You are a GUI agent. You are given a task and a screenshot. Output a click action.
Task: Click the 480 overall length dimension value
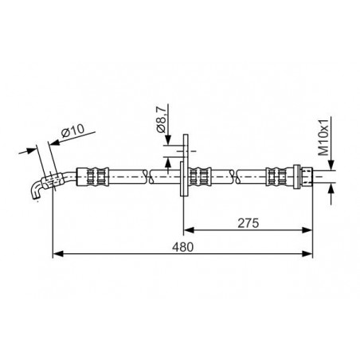pos(182,247)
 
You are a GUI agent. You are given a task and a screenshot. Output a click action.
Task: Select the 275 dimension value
pos(248,223)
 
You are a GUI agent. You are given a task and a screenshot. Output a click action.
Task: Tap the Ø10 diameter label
pos(72,131)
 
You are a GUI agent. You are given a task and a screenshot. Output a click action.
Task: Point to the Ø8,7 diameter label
pos(162,119)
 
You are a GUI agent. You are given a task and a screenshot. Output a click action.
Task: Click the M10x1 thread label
pos(323,137)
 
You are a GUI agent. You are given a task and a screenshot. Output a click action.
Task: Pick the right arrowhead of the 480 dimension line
pos(307,254)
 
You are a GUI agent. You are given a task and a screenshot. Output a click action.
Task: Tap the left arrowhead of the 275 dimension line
pos(189,230)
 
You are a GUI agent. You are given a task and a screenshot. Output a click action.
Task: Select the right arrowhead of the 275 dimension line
pos(307,230)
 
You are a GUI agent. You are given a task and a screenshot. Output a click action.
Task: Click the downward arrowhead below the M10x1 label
pos(331,165)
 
